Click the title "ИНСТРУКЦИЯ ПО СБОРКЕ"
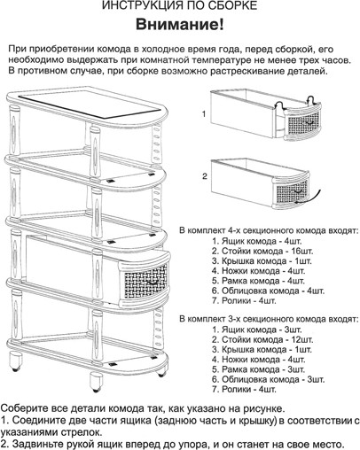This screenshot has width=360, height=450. coord(179,8)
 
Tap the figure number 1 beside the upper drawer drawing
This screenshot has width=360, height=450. coord(203,114)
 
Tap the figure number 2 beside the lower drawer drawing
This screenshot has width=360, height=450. coord(203,176)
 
